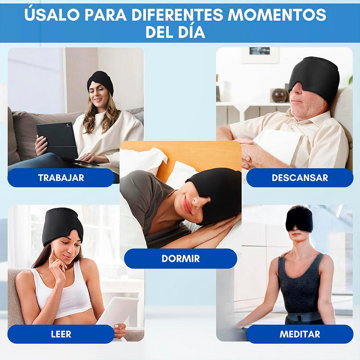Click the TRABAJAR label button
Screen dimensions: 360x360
pos(61,178)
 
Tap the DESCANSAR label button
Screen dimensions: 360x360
pos(299,178)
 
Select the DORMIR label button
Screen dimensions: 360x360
pos(180,259)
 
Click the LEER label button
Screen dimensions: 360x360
pos(61,334)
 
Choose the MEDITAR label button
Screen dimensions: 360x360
pos(299,334)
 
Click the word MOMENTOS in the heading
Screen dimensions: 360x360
pos(276,15)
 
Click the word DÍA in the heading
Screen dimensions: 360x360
pos(192,32)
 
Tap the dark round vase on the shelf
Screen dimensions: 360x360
pos(279,95)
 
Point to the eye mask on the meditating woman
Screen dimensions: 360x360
pos(299,219)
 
